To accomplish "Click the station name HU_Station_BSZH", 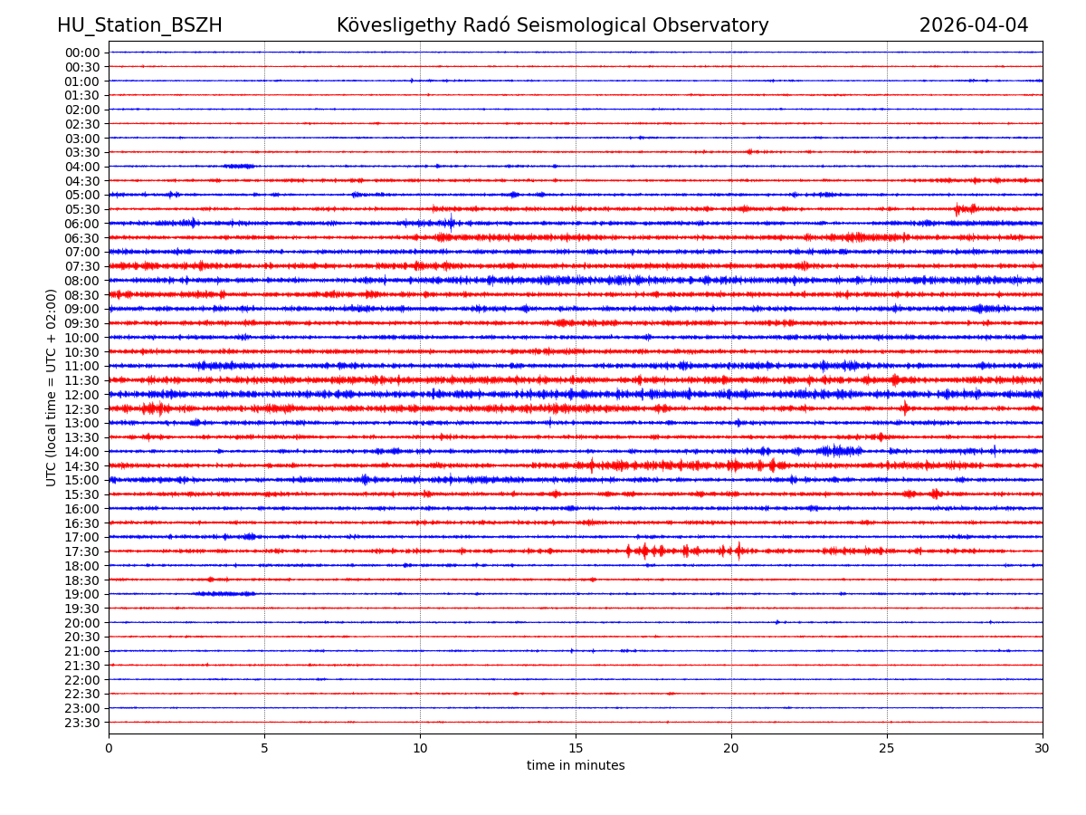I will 139,26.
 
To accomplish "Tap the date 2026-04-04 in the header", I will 974,26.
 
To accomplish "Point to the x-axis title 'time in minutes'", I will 576,766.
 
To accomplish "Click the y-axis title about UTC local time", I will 52,388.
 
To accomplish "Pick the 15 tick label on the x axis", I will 576,748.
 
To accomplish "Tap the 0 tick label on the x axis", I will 109,748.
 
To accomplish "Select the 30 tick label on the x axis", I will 1043,748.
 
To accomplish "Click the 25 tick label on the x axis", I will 887,748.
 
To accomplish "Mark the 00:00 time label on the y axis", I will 82,53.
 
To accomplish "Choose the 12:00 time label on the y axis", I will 82,395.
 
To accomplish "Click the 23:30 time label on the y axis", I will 82,723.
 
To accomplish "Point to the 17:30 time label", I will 82,551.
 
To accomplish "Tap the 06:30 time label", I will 82,238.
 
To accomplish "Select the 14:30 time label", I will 82,466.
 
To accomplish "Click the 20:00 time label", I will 82,623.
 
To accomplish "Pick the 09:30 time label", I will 82,323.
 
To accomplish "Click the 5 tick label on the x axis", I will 264,748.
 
